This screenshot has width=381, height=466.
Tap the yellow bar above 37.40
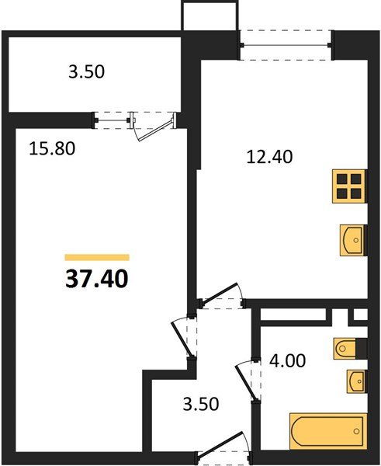click(x=97, y=256)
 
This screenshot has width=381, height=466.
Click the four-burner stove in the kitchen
click(x=348, y=186)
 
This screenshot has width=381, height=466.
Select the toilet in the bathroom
click(x=348, y=349)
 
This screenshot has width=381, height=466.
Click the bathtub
click(x=326, y=430)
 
